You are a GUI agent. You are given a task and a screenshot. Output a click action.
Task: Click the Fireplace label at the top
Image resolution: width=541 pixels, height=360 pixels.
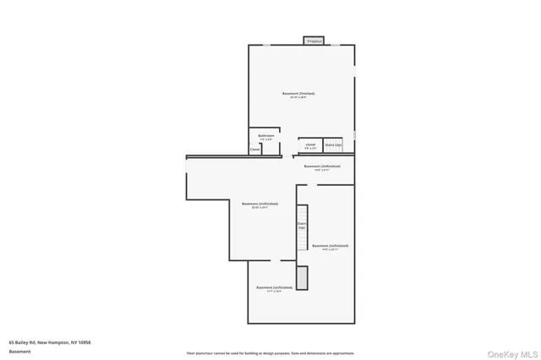tap(314, 41)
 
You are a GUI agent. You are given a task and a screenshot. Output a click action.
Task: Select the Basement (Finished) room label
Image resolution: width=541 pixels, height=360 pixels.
tap(302, 93)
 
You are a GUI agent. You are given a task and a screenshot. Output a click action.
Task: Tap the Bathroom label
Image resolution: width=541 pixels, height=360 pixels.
tap(266, 135)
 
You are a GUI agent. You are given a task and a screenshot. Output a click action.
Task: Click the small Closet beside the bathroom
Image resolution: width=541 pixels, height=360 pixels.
tap(254, 150)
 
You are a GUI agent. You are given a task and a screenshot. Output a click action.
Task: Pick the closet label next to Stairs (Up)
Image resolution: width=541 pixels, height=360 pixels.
tap(310, 145)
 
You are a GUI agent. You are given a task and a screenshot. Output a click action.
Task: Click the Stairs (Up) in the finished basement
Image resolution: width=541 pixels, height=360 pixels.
tap(333, 145)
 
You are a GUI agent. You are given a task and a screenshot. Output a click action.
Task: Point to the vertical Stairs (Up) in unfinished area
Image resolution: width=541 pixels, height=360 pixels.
tap(300, 226)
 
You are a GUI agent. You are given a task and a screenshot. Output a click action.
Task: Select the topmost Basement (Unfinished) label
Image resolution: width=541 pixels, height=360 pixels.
tap(322, 166)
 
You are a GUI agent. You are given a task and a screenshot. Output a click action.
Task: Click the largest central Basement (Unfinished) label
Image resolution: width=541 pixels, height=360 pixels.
tap(260, 204)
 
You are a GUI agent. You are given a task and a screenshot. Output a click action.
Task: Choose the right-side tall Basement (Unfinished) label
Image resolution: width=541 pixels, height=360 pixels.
tap(330, 246)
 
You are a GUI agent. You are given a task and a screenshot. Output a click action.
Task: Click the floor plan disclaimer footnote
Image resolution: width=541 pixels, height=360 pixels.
tap(270, 352)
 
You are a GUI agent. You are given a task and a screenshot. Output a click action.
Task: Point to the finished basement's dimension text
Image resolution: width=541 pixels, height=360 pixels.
tap(302, 98)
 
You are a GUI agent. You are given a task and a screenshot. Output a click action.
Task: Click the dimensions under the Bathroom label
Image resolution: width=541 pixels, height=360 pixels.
tap(266, 139)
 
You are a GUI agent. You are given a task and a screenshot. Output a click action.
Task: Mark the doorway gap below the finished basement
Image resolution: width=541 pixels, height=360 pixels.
tap(289, 155)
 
